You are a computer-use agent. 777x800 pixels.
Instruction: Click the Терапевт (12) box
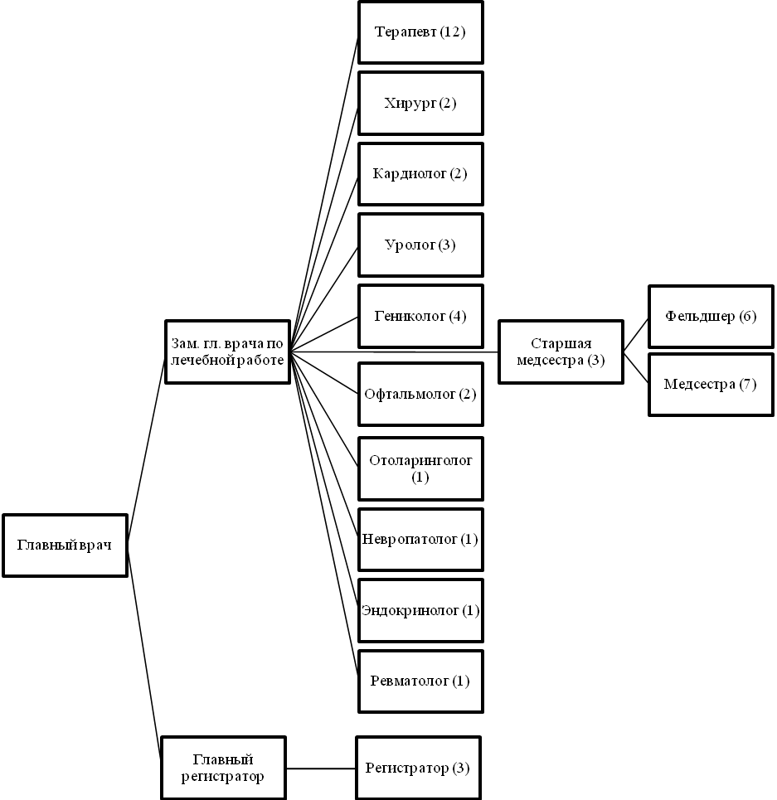click(420, 32)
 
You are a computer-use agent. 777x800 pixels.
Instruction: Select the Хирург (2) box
click(420, 104)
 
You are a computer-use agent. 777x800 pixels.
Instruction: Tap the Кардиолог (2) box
click(420, 174)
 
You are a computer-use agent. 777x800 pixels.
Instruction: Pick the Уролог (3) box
click(420, 245)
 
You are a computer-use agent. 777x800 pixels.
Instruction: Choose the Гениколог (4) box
click(420, 316)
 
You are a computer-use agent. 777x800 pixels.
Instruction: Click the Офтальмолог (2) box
click(420, 394)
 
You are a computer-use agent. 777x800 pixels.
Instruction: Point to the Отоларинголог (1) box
click(420, 469)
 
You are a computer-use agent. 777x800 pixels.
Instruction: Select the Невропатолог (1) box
click(420, 540)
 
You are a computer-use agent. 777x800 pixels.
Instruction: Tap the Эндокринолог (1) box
click(420, 611)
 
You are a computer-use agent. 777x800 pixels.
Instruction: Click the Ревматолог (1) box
click(420, 681)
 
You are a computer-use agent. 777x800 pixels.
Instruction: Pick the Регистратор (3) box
click(418, 768)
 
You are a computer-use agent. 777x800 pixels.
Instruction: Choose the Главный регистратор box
click(223, 768)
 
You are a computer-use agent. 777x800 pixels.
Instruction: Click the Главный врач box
click(65, 545)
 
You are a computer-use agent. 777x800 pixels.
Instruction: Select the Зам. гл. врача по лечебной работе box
click(227, 352)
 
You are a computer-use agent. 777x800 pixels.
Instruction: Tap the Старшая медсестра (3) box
click(561, 352)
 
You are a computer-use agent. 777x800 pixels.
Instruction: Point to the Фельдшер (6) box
click(711, 317)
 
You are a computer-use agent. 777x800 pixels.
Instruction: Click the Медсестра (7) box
click(711, 385)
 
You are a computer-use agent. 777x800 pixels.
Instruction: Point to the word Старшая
click(561, 344)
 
